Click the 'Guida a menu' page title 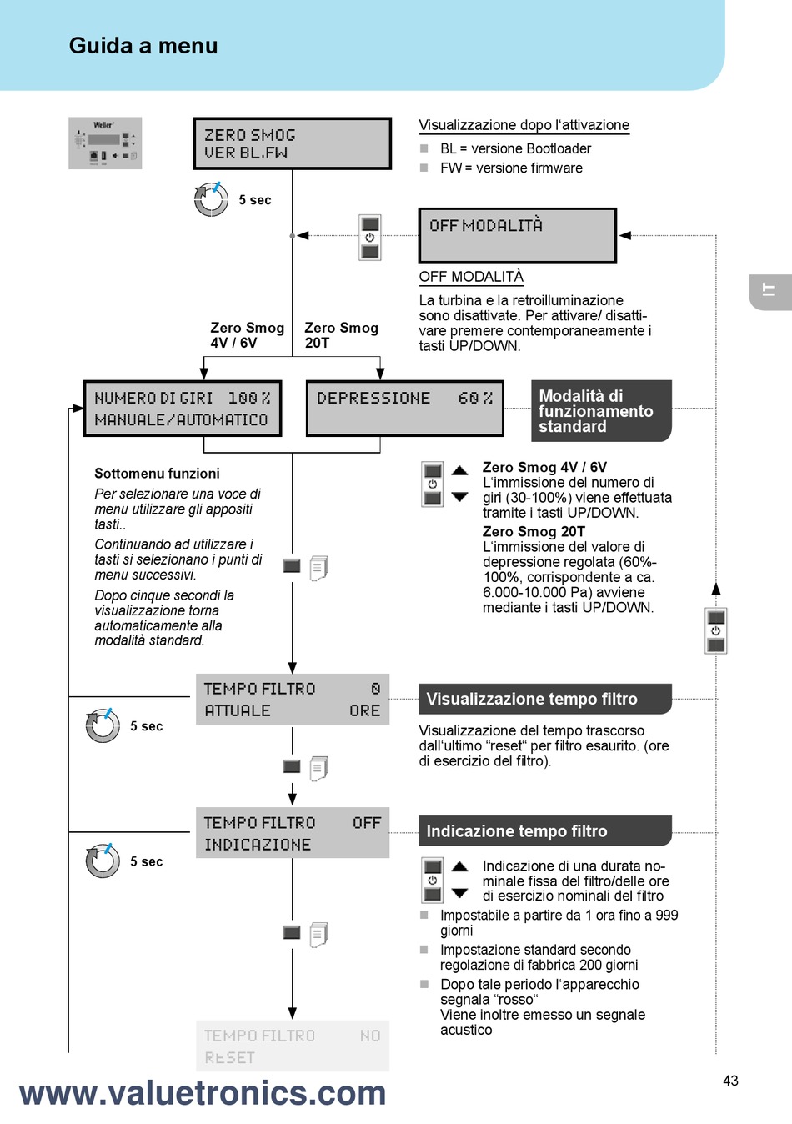143,46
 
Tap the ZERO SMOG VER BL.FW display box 293,143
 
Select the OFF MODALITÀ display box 518,236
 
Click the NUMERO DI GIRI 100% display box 183,409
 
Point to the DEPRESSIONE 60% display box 405,409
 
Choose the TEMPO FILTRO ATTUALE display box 293,699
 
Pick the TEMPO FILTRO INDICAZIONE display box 293,833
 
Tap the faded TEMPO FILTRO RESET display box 293,1046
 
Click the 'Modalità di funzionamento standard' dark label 601,411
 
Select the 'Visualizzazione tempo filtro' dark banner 545,699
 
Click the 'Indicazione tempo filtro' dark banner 545,831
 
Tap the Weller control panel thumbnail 105,143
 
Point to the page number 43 731,1081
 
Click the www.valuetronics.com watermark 203,1094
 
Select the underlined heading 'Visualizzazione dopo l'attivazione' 524,125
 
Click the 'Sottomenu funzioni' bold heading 157,473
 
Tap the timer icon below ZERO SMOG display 211,199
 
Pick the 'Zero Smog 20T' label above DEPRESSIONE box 341,335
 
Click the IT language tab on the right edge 770,292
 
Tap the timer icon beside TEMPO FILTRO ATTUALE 103,725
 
